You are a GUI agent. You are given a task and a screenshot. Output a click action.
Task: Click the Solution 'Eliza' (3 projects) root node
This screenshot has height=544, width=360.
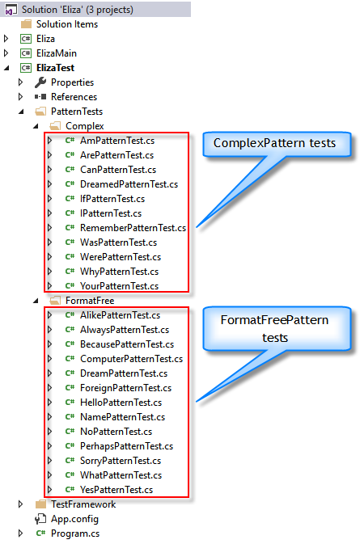77,10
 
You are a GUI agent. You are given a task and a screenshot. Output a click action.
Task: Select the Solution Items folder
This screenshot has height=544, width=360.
66,24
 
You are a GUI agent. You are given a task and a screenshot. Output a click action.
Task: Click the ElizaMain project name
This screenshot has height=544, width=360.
57,53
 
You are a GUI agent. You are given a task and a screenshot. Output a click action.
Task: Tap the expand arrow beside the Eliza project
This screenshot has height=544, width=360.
6,39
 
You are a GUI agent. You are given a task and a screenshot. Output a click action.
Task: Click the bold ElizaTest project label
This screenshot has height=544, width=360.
55,68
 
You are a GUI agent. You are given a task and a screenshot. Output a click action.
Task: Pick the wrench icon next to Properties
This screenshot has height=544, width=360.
40,82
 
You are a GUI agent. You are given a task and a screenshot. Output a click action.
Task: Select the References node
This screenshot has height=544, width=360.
74,97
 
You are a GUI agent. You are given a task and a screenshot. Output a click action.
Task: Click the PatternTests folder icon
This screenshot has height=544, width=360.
40,112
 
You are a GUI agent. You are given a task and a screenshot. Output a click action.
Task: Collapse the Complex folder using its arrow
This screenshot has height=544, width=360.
36,126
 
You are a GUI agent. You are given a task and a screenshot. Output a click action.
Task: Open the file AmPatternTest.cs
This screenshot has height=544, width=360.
117,141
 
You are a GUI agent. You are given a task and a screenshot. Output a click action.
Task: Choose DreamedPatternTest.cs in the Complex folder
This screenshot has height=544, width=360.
129,184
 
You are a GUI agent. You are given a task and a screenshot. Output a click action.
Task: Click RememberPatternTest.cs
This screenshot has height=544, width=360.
133,228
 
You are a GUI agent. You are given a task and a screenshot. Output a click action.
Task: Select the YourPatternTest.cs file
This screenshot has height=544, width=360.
119,286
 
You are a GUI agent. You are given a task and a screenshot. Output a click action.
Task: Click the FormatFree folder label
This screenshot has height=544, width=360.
90,301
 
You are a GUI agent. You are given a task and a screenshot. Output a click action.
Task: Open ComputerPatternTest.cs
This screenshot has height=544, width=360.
131,359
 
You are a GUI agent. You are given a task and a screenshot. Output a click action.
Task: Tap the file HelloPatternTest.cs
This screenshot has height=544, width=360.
121,403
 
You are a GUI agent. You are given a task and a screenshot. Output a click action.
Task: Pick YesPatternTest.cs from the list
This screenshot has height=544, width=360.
116,490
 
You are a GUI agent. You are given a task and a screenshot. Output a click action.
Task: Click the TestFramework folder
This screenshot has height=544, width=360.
83,504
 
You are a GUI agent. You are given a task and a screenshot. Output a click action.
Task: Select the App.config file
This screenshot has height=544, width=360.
74,519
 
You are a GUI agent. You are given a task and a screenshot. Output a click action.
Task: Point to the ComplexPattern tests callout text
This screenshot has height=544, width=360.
274,143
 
